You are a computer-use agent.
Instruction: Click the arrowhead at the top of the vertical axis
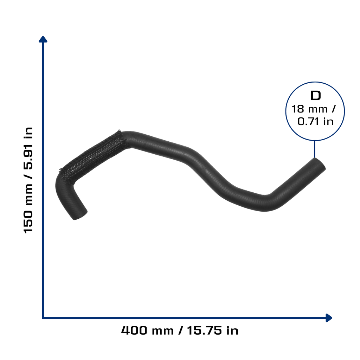pos(43,39)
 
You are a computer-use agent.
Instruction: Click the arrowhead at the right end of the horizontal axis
pos(329,318)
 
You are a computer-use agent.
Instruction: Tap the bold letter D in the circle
pos(315,96)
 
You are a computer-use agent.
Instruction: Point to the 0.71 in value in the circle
pos(315,121)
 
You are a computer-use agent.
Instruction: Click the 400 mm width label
pos(147,330)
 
